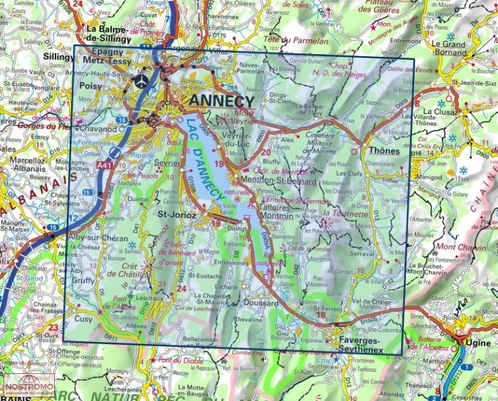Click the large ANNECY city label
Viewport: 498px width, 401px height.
221,102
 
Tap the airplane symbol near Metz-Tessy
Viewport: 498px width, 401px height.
142,80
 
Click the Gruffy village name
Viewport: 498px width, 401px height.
82,280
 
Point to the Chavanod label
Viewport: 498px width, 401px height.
99,129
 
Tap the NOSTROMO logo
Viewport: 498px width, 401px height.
28,387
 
